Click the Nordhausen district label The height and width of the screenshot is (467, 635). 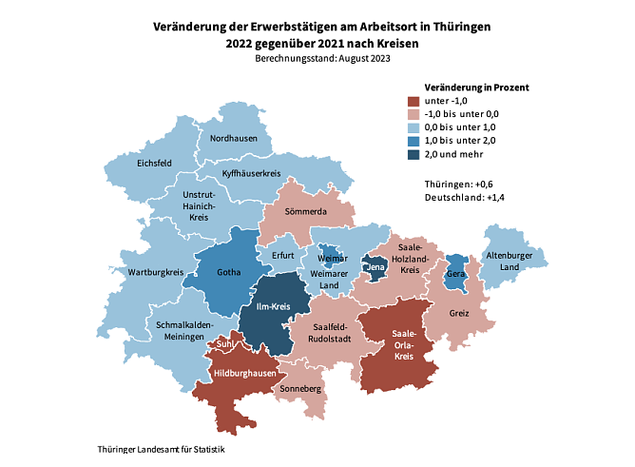pyautogui.click(x=233, y=139)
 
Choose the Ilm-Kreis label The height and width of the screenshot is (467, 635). pyautogui.click(x=274, y=307)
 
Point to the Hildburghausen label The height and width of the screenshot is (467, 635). pyautogui.click(x=242, y=374)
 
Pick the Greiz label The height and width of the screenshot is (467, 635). pyautogui.click(x=459, y=312)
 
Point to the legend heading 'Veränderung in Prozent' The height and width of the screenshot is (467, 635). pyautogui.click(x=463, y=87)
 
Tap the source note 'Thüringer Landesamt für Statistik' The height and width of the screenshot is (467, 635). pyautogui.click(x=161, y=448)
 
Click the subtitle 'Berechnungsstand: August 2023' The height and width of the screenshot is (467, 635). pyautogui.click(x=322, y=58)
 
